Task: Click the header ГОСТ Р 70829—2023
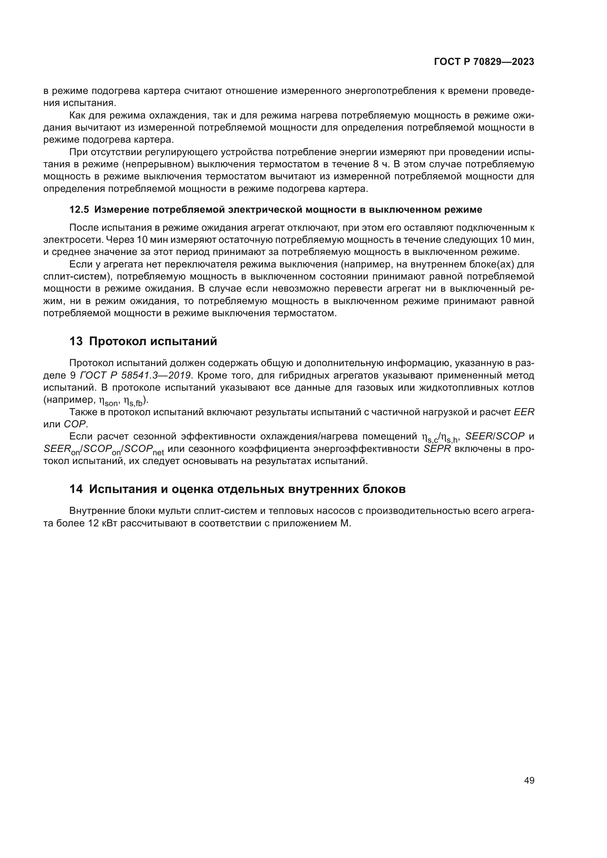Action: point(484,62)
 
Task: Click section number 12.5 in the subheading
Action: point(79,210)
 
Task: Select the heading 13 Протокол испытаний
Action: point(143,341)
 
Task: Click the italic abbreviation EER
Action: point(524,412)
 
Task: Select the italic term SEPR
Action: point(437,449)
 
